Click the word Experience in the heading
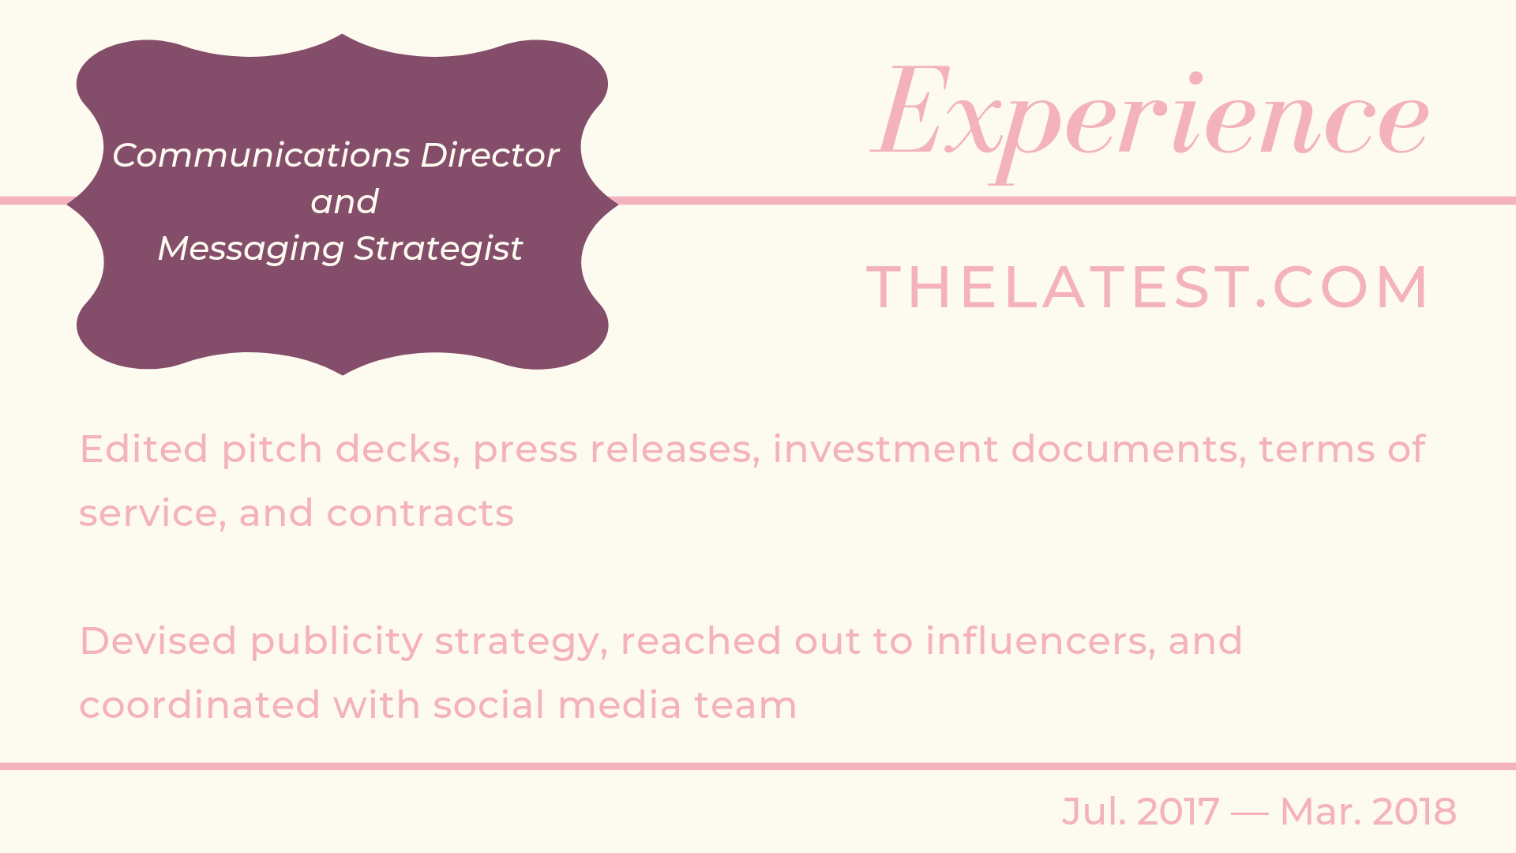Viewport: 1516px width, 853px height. (1150, 118)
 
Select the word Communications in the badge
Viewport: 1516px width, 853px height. (261, 155)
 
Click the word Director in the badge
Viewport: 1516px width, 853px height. (490, 155)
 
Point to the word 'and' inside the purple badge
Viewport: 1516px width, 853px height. (344, 202)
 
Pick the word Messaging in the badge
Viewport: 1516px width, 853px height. (251, 249)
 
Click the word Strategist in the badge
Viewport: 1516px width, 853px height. (438, 249)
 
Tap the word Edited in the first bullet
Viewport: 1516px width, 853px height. (144, 449)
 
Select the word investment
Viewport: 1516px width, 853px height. (885, 449)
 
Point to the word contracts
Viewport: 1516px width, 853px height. (420, 513)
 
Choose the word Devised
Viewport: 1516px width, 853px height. (158, 641)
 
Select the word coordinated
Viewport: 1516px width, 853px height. (200, 705)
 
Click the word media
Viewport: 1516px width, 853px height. (619, 705)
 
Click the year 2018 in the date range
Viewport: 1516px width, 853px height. (1414, 812)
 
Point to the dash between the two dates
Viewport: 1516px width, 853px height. (1249, 813)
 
